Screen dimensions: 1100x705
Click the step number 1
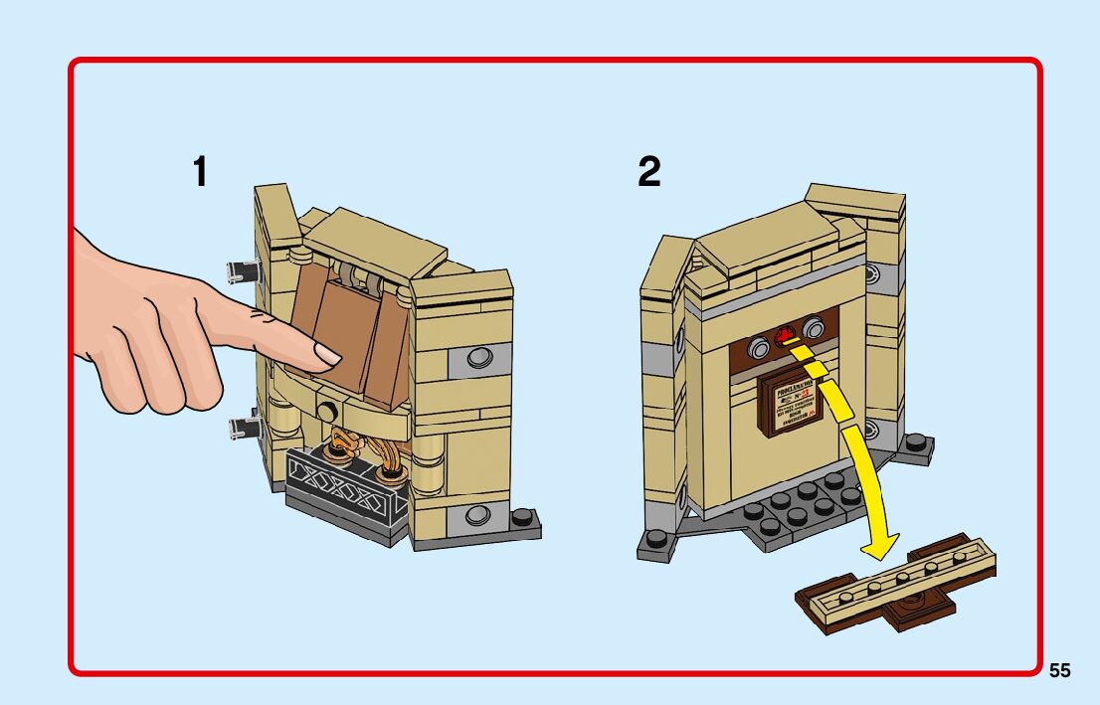[201, 173]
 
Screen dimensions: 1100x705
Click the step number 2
[648, 173]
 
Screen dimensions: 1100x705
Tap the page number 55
[1059, 671]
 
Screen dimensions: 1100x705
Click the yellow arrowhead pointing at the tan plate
[876, 546]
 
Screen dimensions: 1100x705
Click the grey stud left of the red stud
[761, 347]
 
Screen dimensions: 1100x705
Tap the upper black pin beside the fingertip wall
[242, 267]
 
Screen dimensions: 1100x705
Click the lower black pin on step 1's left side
[243, 429]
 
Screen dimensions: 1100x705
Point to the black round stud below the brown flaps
[325, 409]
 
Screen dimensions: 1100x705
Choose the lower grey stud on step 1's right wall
[478, 514]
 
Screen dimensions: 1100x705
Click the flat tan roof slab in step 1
[375, 242]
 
